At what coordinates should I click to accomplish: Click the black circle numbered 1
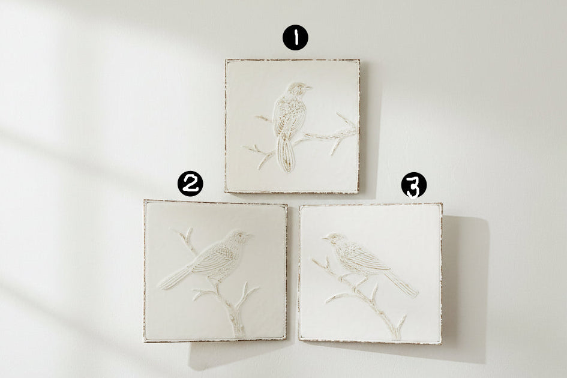tap(295, 37)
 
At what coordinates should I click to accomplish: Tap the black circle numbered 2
tap(190, 184)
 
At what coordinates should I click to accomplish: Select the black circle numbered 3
tap(413, 185)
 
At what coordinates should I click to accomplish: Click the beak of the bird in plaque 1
tap(308, 87)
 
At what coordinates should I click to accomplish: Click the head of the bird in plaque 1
tap(297, 89)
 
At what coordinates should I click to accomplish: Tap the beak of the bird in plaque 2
tap(249, 235)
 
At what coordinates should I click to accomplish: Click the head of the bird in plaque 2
tap(236, 237)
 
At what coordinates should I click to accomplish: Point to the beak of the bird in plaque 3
tap(325, 238)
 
